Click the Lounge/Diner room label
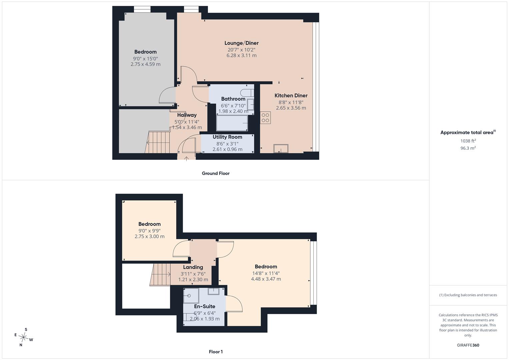241,43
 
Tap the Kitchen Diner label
291,95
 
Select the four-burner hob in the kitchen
265,117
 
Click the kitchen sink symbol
281,148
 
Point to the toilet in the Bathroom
247,93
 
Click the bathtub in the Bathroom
232,123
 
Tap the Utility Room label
227,137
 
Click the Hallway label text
187,115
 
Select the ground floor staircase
157,142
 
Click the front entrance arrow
186,158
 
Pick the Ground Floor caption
216,173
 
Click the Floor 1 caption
216,352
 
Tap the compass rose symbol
24,337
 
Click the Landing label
193,267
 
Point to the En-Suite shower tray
191,295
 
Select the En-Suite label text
205,306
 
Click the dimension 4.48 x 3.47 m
266,279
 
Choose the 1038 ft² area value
468,141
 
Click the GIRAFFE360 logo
468,345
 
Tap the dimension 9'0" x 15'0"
145,59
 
